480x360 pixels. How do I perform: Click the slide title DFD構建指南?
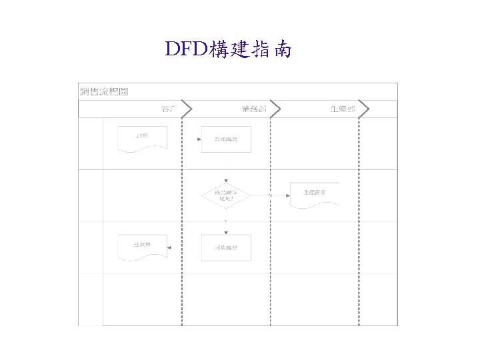pos(227,49)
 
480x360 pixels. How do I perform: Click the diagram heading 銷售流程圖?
pos(103,91)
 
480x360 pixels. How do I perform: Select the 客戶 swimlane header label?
pos(169,109)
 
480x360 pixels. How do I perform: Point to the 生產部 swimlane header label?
pos(343,109)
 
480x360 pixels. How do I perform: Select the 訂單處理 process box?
pos(226,139)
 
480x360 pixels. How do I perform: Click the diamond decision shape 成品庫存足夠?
pos(226,195)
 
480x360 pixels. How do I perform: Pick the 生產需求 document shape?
pos(314,195)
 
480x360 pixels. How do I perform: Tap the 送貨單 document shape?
pos(141,247)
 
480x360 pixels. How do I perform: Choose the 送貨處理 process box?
pos(226,247)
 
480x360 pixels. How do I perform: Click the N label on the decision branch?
pos(270,195)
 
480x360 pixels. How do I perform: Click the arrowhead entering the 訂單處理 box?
pos(199,139)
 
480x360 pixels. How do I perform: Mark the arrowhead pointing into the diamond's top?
pos(226,179)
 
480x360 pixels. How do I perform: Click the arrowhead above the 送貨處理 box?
pos(226,232)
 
